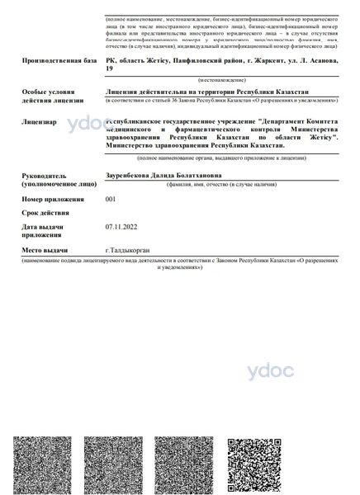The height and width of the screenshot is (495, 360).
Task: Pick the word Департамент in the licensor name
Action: point(257,121)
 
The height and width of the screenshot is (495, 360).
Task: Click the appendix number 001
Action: point(111,199)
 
